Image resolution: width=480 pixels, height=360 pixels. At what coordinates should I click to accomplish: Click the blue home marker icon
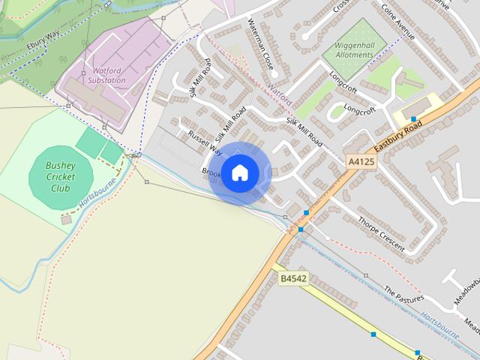239,173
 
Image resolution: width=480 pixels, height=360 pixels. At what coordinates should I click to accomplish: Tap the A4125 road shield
361,161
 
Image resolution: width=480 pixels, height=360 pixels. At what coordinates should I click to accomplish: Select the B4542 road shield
293,278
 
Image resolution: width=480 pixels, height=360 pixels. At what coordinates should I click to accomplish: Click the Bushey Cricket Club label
61,176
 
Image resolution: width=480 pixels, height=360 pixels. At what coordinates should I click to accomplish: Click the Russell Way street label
205,142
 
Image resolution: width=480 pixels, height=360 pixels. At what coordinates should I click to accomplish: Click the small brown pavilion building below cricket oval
67,220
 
